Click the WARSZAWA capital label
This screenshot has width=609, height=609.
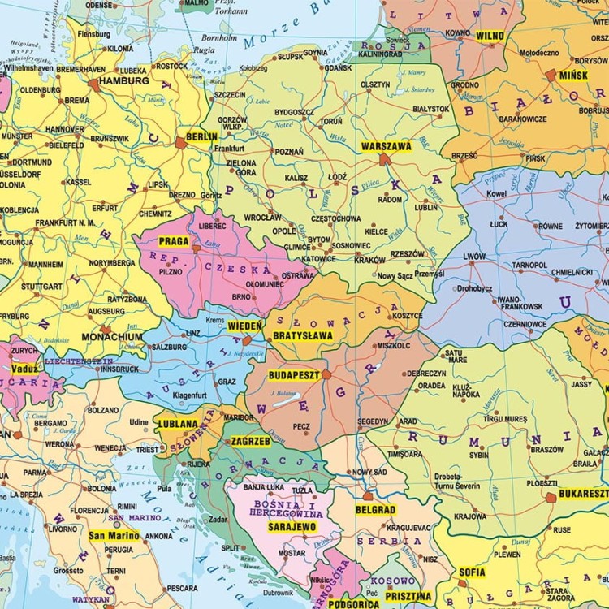pyautogui.click(x=386, y=147)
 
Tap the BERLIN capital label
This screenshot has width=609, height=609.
pyautogui.click(x=201, y=136)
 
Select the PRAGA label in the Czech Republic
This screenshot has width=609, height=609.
pyautogui.click(x=174, y=241)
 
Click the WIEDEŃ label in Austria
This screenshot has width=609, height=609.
pyautogui.click(x=244, y=326)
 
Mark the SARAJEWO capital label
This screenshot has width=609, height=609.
pyautogui.click(x=292, y=526)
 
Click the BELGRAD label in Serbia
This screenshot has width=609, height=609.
pyautogui.click(x=374, y=510)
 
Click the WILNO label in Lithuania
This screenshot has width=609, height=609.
pyautogui.click(x=490, y=36)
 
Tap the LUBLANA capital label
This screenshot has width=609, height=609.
pyautogui.click(x=178, y=424)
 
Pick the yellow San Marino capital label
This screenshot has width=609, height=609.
pyautogui.click(x=114, y=536)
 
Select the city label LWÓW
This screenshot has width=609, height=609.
pyautogui.click(x=473, y=257)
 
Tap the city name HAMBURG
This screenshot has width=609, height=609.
pyautogui.click(x=123, y=81)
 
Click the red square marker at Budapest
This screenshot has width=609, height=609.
pyautogui.click(x=325, y=375)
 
